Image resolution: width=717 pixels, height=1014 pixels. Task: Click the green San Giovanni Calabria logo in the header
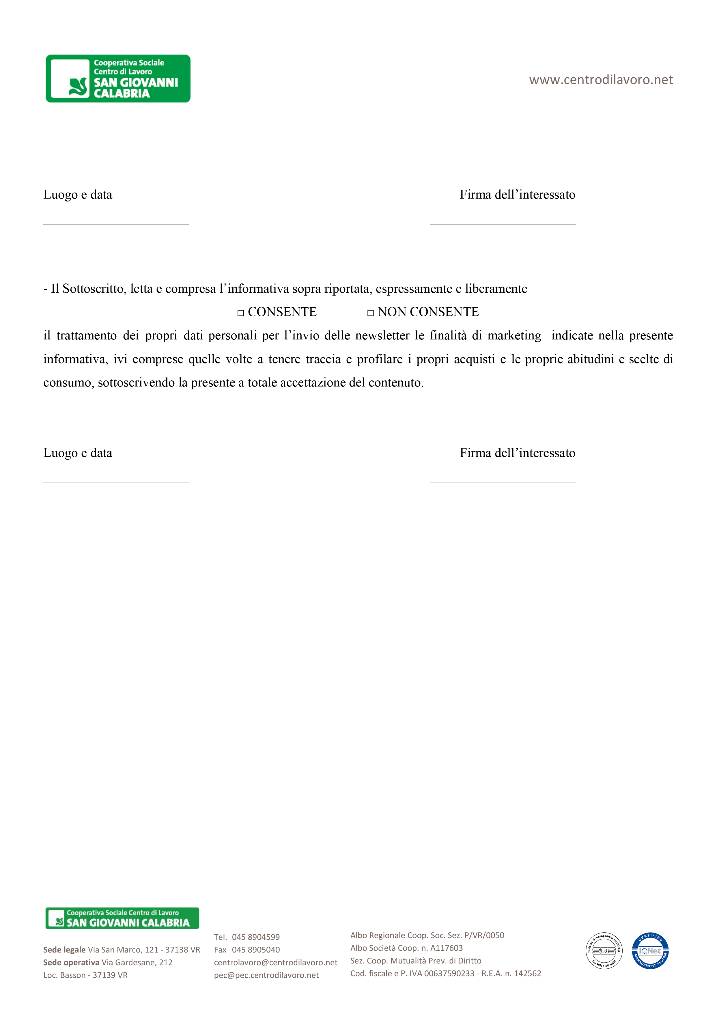pyautogui.click(x=118, y=79)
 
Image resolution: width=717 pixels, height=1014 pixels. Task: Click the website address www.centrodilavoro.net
pyautogui.click(x=601, y=80)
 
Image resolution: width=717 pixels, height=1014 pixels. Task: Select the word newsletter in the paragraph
pyautogui.click(x=382, y=336)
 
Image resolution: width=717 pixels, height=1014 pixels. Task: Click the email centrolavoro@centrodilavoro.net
pyautogui.click(x=276, y=962)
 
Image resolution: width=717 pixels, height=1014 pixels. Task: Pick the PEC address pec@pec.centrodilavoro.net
pyautogui.click(x=266, y=975)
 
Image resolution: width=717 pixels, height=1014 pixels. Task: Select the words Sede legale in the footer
pyautogui.click(x=64, y=950)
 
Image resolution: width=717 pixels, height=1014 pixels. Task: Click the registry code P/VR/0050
pyautogui.click(x=484, y=935)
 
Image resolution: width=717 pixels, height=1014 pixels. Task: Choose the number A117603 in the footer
pyautogui.click(x=446, y=948)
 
